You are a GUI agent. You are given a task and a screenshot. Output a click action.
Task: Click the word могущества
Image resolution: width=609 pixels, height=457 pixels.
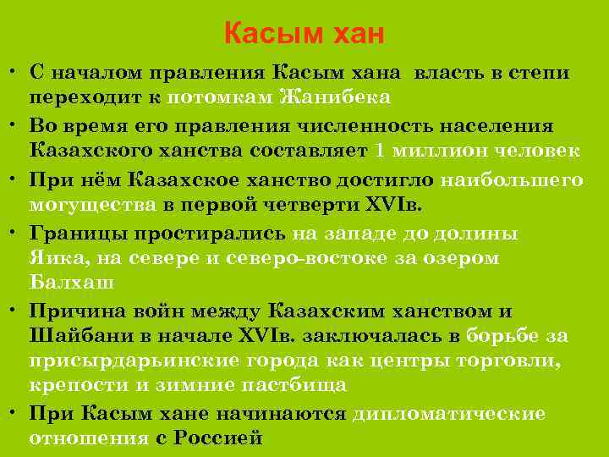click(93, 204)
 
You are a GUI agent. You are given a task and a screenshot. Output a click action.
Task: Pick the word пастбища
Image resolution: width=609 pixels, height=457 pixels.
click(303, 384)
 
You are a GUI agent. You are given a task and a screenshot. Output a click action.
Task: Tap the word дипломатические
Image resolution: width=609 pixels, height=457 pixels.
click(448, 414)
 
